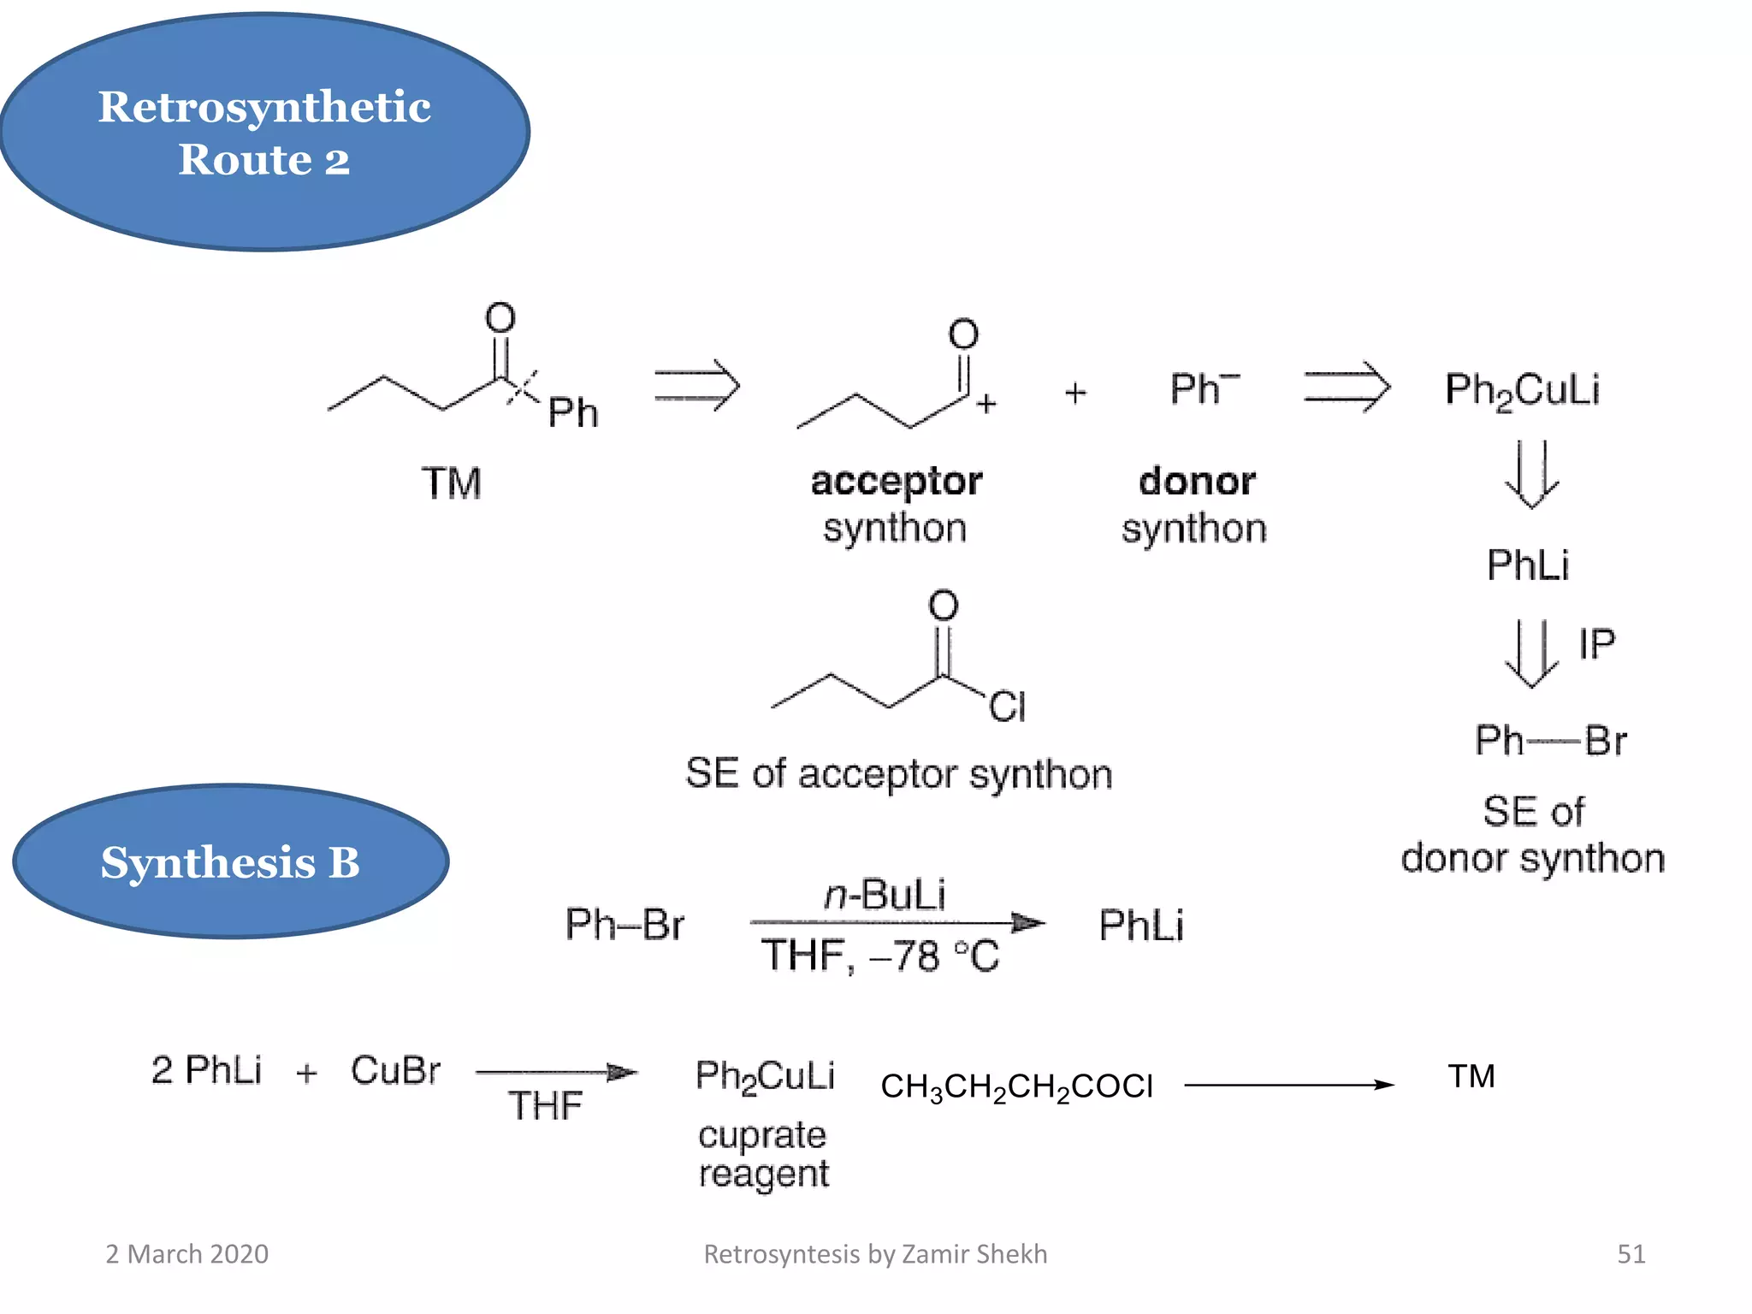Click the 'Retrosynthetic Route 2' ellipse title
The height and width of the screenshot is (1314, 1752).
pyautogui.click(x=264, y=133)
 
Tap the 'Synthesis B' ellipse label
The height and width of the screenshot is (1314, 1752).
pyautogui.click(x=230, y=862)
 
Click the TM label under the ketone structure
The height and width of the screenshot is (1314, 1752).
pyautogui.click(x=451, y=483)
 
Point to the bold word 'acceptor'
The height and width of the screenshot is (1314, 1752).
pyautogui.click(x=896, y=482)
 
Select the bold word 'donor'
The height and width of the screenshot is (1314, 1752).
pyautogui.click(x=1197, y=481)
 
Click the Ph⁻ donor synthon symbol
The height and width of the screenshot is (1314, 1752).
pyautogui.click(x=1203, y=389)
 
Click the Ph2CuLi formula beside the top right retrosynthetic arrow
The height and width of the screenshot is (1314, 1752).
pyautogui.click(x=1521, y=390)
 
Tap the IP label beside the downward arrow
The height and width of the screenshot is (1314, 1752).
pyautogui.click(x=1596, y=644)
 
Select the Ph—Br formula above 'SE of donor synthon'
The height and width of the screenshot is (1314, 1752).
pyautogui.click(x=1549, y=740)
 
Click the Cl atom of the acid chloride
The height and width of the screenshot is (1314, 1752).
pyautogui.click(x=1007, y=707)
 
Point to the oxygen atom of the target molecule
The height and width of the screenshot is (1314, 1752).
pyautogui.click(x=500, y=317)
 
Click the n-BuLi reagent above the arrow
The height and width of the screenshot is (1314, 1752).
pyautogui.click(x=885, y=895)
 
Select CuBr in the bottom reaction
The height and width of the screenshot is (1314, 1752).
pyautogui.click(x=395, y=1070)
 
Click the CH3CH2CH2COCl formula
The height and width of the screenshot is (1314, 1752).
pyautogui.click(x=1016, y=1086)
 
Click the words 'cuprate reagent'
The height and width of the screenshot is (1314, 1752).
pyautogui.click(x=762, y=1154)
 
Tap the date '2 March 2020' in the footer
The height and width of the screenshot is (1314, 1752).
pyautogui.click(x=186, y=1254)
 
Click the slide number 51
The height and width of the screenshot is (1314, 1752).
pyautogui.click(x=1631, y=1254)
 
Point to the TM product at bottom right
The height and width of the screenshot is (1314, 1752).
pyautogui.click(x=1471, y=1076)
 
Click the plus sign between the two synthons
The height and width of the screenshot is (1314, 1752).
pyautogui.click(x=1075, y=393)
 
